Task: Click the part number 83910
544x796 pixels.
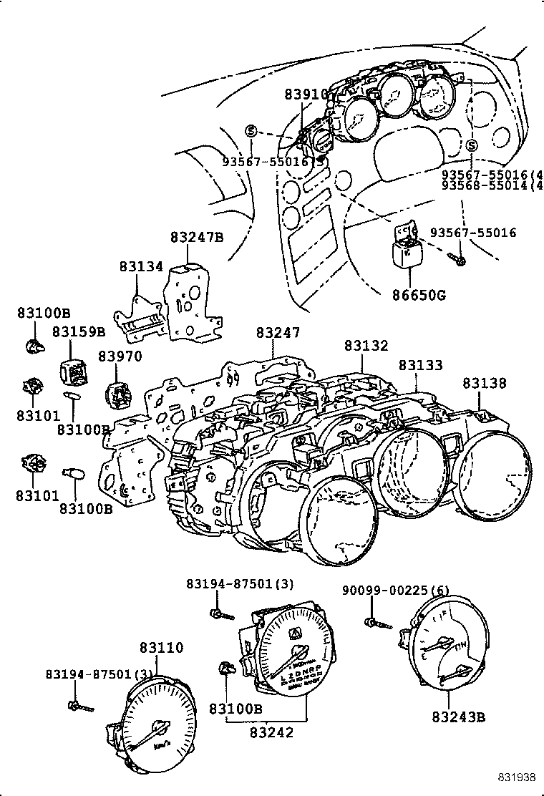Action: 305,94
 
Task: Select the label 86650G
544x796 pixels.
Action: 419,294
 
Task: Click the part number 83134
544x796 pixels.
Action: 141,266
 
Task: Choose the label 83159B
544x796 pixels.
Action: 78,332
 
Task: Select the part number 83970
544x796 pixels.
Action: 120,357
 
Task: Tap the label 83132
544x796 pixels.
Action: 366,346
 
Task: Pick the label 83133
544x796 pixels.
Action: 420,365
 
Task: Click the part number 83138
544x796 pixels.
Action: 484,383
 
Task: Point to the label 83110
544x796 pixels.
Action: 161,648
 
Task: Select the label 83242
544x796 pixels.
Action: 273,732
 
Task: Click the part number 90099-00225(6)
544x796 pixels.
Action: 395,591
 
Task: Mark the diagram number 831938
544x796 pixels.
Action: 517,778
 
